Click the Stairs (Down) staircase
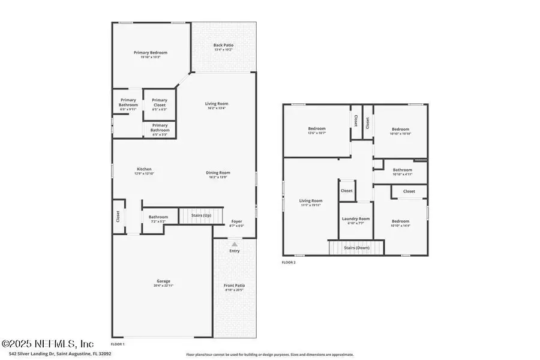[x=356, y=248]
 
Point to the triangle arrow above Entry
[x=235, y=244]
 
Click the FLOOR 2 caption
[x=289, y=262]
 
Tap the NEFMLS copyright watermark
[x=48, y=344]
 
